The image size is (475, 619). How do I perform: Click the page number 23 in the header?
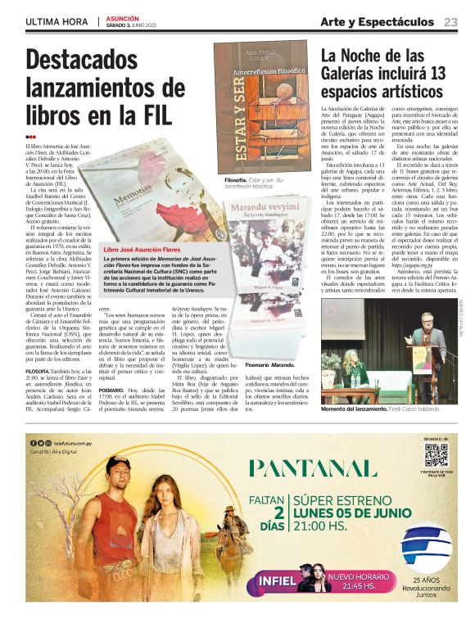[451, 21]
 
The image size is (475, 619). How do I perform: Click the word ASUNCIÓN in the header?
[123, 17]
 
